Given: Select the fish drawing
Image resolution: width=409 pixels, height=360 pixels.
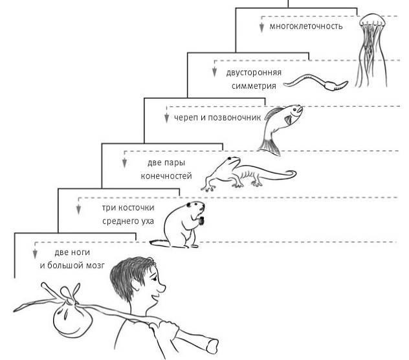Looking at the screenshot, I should [x=282, y=123].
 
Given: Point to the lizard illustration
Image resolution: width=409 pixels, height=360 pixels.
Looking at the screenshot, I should [x=246, y=172].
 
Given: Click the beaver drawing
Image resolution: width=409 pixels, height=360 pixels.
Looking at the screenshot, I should [x=184, y=224].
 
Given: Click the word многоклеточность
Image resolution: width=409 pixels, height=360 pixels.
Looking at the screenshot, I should [x=306, y=27].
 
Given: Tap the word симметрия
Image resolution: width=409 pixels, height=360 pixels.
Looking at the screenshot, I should [x=255, y=85].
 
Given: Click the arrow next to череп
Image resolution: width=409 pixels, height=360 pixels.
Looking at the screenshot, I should [x=166, y=118].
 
